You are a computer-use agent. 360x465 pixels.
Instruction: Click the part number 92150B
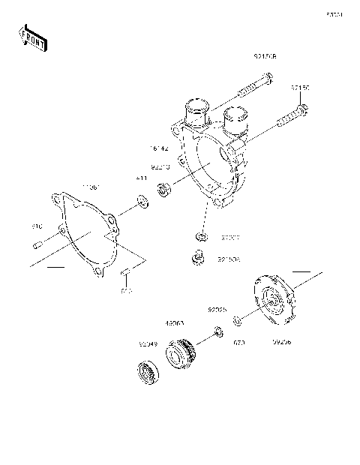(x=265, y=55)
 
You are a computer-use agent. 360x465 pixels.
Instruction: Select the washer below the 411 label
(x=140, y=200)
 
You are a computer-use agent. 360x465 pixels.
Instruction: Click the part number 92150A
(x=228, y=259)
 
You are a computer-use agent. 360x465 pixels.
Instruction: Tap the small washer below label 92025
(x=216, y=330)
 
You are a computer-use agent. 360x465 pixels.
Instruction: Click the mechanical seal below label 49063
(x=184, y=352)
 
